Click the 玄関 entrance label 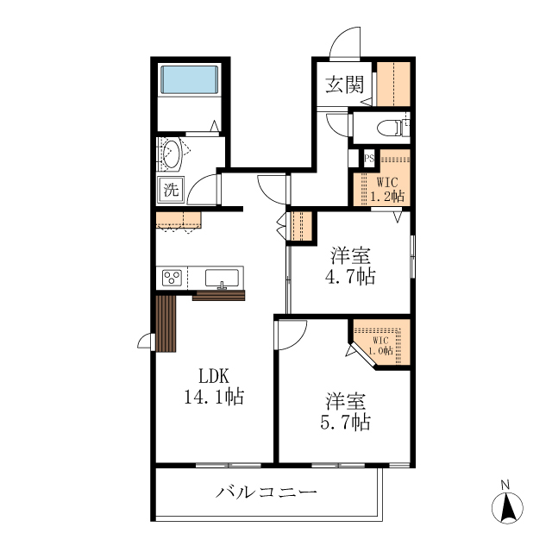[x=344, y=85]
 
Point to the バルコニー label [x=267, y=493]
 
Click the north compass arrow [x=508, y=509]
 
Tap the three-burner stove [x=172, y=278]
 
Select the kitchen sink [x=223, y=278]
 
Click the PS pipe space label [x=369, y=158]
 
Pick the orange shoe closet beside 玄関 [x=392, y=84]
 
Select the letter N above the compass [x=506, y=484]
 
